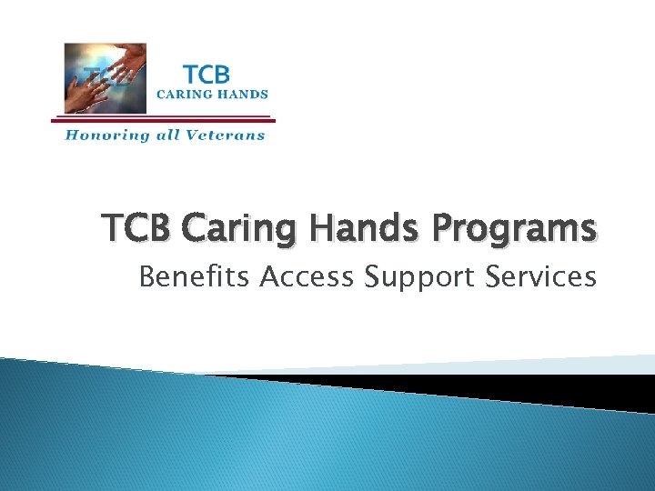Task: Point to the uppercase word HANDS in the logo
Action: coord(241,93)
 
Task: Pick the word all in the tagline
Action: coord(166,135)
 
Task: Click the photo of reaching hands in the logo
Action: coord(105,78)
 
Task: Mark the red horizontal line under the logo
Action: coord(163,117)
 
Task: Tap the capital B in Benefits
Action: coord(146,276)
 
